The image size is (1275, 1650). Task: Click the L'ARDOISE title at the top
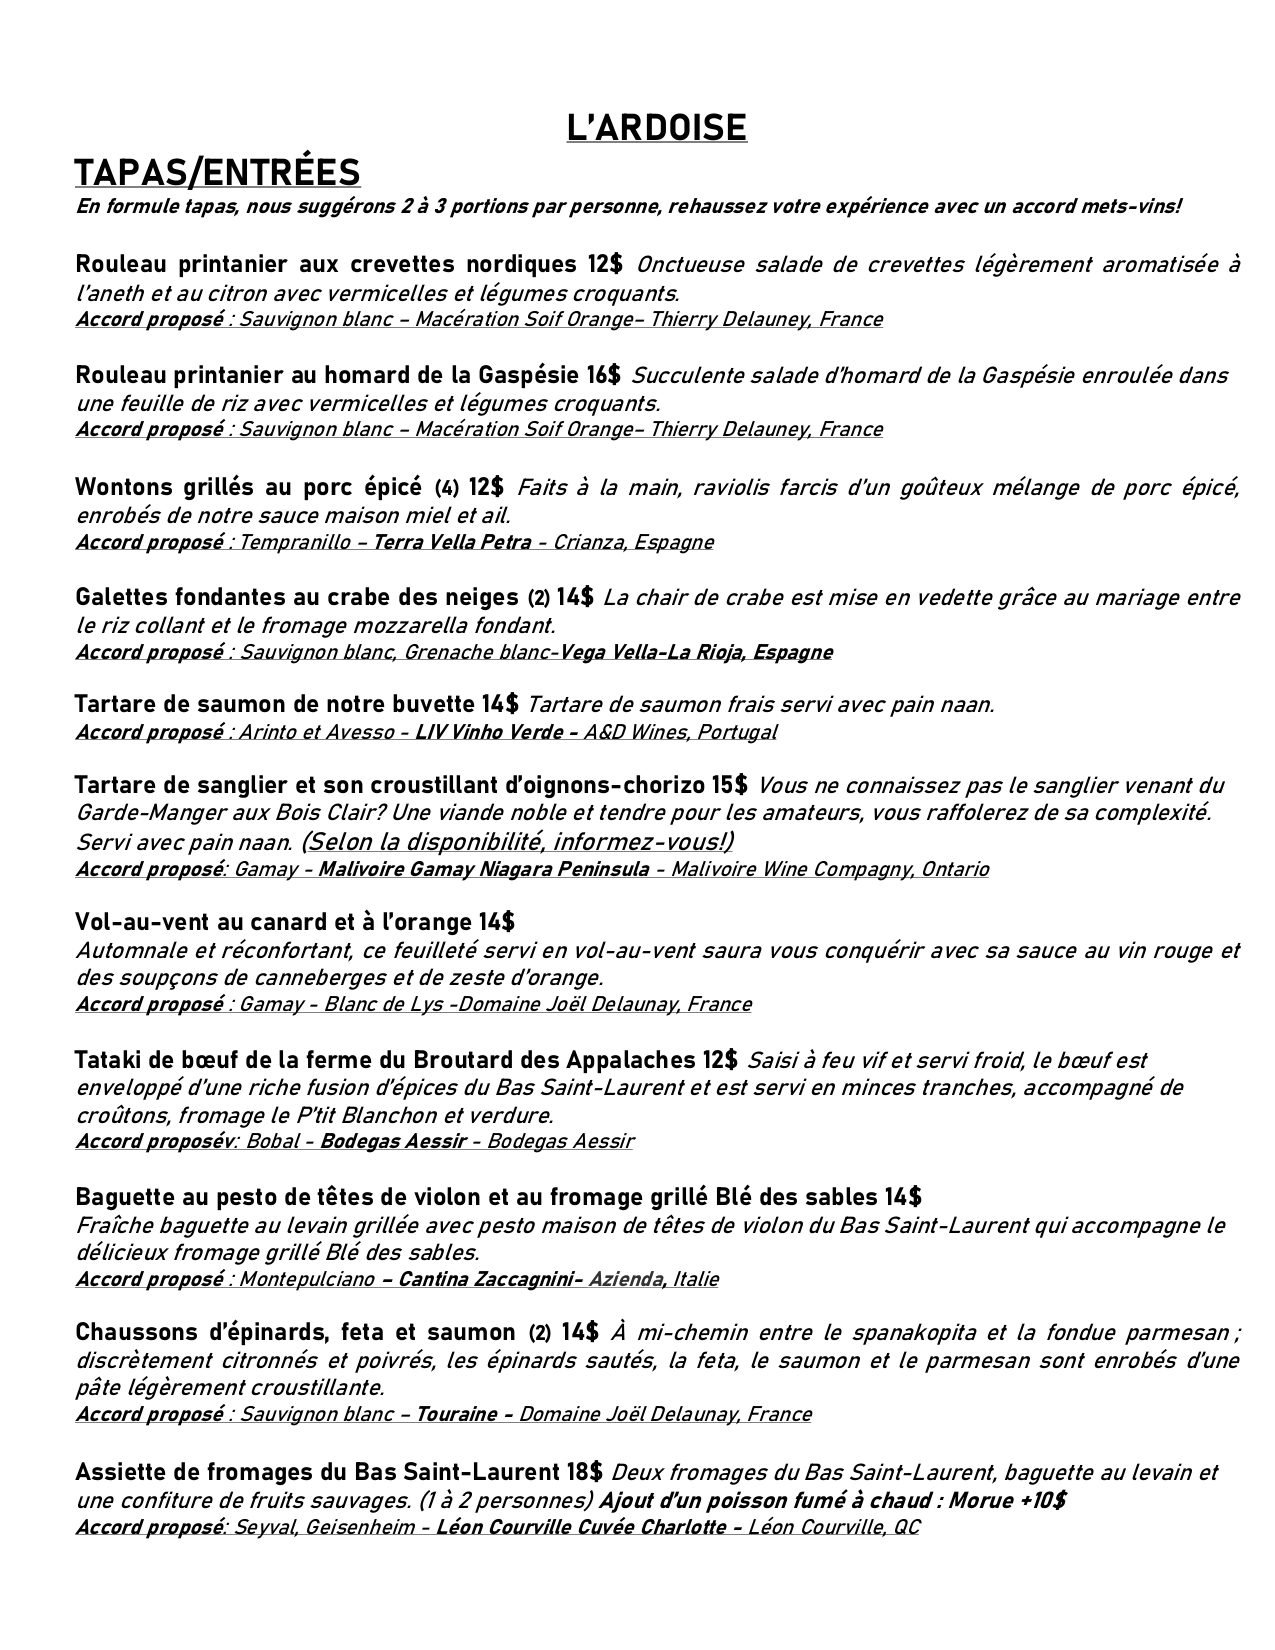[656, 128]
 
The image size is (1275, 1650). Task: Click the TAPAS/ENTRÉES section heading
[217, 172]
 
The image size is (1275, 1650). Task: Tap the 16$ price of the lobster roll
[603, 375]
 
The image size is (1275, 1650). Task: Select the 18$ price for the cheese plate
[583, 1472]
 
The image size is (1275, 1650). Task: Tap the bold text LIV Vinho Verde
[496, 732]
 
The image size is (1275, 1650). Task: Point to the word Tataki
[106, 1059]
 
